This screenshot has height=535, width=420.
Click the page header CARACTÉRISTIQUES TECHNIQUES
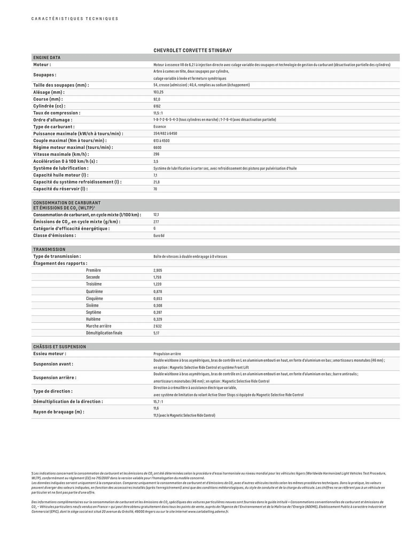tap(75, 19)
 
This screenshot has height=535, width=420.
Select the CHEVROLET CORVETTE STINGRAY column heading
tap(193, 50)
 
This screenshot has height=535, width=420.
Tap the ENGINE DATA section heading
tap(47, 58)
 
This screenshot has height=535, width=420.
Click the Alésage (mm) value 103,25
tap(158, 92)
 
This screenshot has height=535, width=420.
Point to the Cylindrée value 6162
tap(157, 106)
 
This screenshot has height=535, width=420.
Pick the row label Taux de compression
tap(57, 113)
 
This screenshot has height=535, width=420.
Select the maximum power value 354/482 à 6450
tap(165, 133)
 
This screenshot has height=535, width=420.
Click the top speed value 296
tap(156, 154)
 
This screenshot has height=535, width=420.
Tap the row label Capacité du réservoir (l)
tap(60, 189)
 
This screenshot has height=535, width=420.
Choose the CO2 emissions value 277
tap(156, 222)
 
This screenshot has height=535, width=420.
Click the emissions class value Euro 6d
tap(159, 236)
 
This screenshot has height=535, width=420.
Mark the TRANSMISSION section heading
tap(49, 249)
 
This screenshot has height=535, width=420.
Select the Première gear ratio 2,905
tap(158, 270)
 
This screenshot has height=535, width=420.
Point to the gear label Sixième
tap(92, 305)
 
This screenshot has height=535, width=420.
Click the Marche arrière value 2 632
tap(157, 326)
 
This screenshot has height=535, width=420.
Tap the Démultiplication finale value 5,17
tap(156, 333)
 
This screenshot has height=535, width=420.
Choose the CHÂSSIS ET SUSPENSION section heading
tap(60, 347)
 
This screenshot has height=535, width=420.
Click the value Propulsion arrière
tap(167, 354)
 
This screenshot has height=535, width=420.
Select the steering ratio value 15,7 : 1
tap(158, 402)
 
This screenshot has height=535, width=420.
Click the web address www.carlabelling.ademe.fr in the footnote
tap(208, 511)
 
